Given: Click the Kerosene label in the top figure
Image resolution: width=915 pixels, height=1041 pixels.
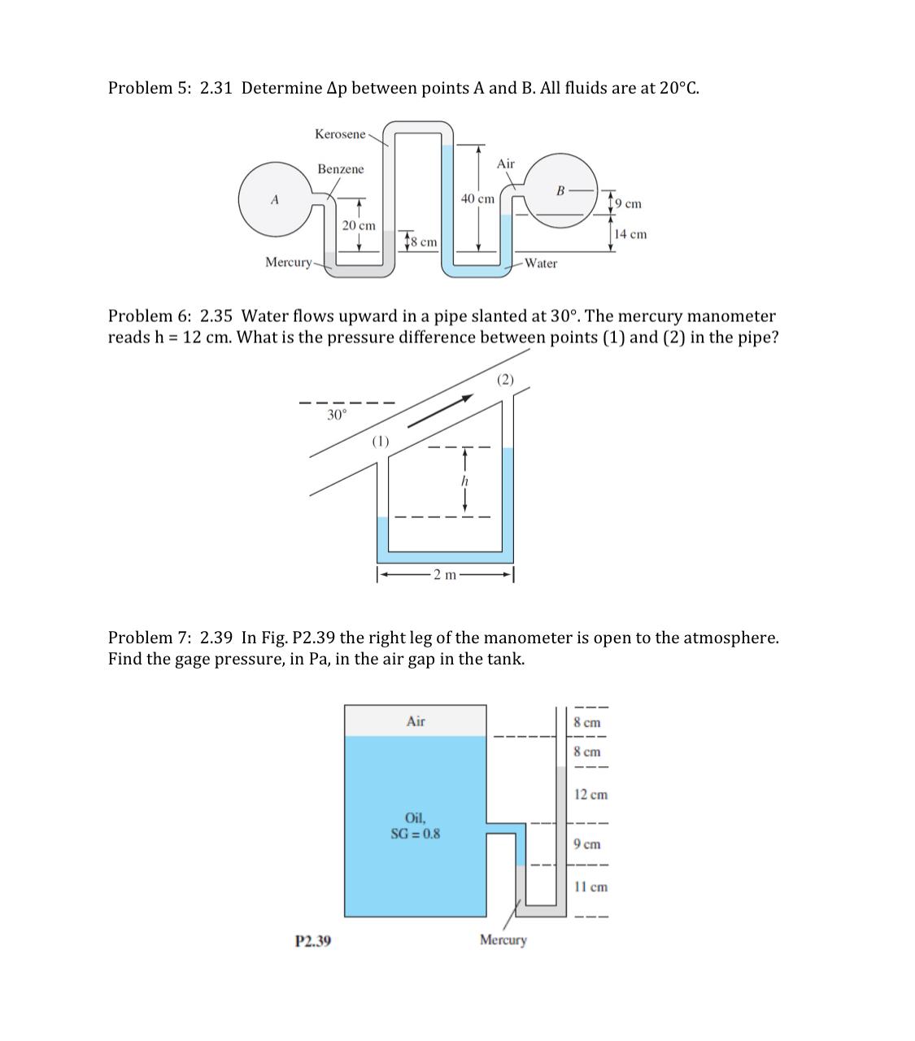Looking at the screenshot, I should (340, 133).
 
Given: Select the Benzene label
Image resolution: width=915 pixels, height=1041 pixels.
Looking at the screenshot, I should (341, 169).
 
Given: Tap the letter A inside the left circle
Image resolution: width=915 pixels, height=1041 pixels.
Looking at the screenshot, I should (275, 199).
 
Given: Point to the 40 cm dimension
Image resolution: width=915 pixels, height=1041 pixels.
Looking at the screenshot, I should (477, 198).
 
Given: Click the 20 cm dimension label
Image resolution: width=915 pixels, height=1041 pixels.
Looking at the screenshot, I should (359, 225).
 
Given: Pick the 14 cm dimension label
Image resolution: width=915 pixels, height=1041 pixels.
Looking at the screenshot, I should (630, 234).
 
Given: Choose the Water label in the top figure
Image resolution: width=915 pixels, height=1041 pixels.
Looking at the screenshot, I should (541, 263).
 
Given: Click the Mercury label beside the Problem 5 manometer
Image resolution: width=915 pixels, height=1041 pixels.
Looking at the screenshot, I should (288, 262).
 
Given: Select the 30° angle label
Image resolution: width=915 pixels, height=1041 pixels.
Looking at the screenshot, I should (336, 415).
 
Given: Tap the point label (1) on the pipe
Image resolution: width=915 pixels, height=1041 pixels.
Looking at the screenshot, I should (380, 441).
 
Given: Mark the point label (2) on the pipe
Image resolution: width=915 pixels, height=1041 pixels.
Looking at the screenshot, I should (505, 379).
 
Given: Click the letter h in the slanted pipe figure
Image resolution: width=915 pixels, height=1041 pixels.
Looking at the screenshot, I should (464, 481).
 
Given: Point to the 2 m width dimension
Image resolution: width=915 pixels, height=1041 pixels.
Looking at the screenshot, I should (444, 576).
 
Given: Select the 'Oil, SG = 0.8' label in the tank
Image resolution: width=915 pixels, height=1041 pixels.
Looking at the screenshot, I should (416, 825).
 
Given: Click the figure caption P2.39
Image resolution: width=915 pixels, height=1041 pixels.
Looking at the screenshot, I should (312, 941).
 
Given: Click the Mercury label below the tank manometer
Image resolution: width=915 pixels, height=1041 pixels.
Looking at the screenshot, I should (503, 940).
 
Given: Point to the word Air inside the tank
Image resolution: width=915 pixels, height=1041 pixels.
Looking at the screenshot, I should (416, 721).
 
